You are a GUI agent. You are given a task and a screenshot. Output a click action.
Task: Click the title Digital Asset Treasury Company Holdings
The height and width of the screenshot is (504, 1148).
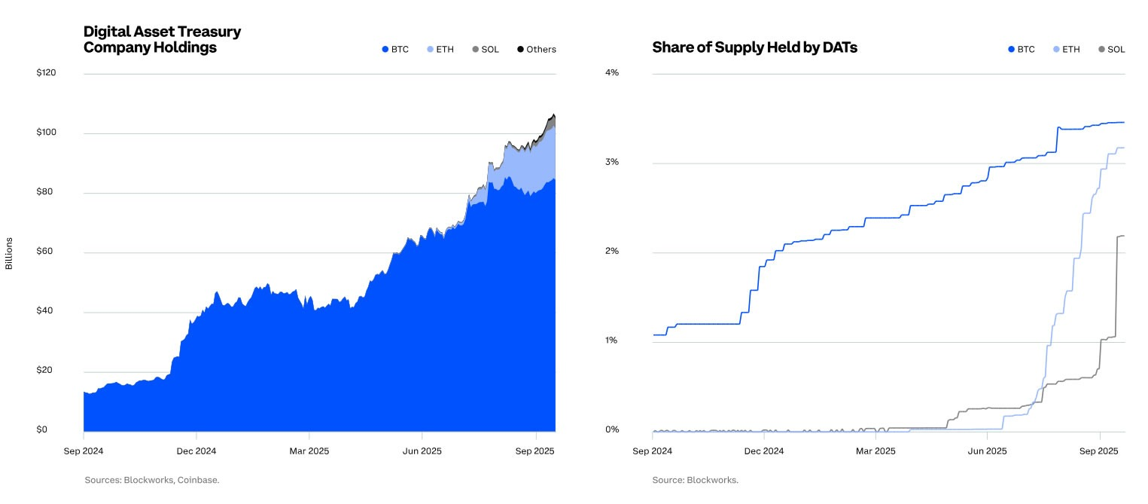pyautogui.click(x=162, y=40)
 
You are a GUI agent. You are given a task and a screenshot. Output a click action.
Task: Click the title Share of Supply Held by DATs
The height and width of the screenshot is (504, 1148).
pyautogui.click(x=754, y=47)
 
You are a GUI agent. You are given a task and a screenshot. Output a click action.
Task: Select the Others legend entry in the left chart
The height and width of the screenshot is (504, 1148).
pyautogui.click(x=536, y=50)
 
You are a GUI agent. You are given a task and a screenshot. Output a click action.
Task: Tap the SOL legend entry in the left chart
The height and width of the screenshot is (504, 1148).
pyautogui.click(x=485, y=50)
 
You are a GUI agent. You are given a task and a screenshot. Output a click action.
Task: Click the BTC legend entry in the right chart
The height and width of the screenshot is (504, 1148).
pyautogui.click(x=1021, y=50)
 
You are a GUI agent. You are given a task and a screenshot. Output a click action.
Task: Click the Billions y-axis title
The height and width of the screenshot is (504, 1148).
pyautogui.click(x=9, y=252)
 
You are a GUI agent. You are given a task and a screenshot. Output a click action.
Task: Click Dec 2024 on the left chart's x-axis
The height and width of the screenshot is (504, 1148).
pyautogui.click(x=196, y=451)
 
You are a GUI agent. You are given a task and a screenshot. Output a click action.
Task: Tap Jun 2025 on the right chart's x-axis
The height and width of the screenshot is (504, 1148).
pyautogui.click(x=986, y=451)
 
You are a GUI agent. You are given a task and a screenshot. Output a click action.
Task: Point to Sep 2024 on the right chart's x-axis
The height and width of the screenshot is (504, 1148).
pyautogui.click(x=652, y=451)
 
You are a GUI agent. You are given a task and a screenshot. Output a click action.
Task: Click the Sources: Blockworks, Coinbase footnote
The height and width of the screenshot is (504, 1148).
pyautogui.click(x=151, y=480)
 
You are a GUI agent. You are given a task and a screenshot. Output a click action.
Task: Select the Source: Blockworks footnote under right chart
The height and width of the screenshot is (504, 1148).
pyautogui.click(x=695, y=480)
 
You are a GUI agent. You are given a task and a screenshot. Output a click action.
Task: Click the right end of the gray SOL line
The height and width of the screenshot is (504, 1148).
pyautogui.click(x=1124, y=236)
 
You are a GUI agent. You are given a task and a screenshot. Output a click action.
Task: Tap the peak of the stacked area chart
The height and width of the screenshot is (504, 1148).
pyautogui.click(x=553, y=115)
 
